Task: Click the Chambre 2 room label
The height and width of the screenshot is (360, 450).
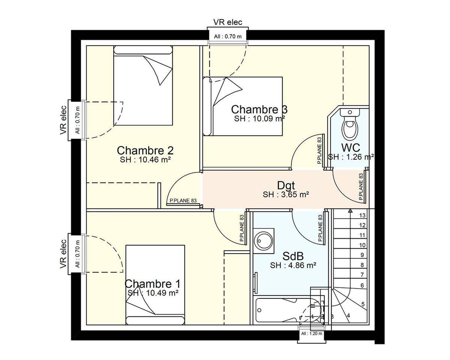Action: pos(145,150)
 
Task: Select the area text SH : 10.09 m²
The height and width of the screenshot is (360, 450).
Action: pos(259,118)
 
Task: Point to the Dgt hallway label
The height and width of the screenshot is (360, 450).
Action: pos(286,185)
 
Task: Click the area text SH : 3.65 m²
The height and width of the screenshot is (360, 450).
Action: pos(286,195)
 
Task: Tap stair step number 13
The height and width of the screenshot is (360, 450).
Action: pos(362,216)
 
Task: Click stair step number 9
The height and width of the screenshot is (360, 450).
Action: pos(362,255)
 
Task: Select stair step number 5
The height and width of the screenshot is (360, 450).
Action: pos(363,304)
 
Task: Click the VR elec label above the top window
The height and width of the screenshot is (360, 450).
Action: pos(228,22)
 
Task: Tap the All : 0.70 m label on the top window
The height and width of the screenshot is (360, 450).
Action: pos(228,37)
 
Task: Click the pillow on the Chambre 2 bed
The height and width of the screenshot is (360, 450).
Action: pos(143,50)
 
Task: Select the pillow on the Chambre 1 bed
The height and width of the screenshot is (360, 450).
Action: pos(155,321)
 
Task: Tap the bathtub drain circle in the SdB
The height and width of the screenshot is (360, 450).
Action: pos(259,310)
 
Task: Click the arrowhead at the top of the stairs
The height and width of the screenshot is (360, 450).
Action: pos(350,211)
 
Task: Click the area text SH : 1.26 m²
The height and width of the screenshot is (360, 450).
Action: pos(351,157)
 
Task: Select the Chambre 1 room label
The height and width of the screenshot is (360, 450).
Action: pos(153,284)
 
